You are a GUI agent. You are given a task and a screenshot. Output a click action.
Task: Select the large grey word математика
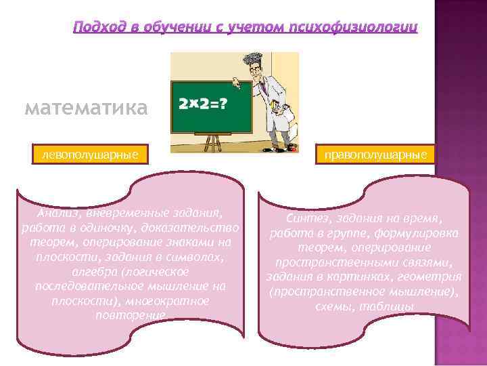click(85, 108)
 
